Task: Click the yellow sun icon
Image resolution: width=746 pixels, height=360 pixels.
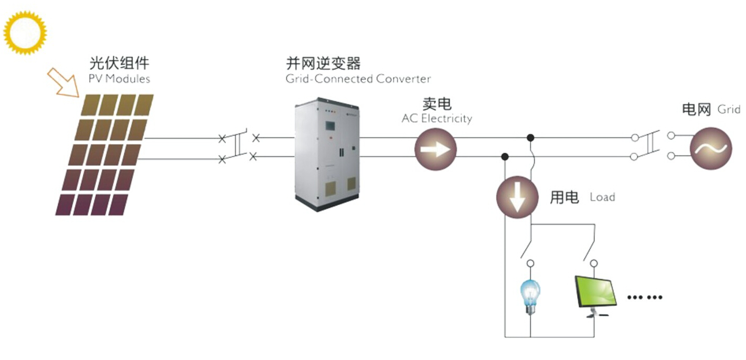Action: click(x=25, y=33)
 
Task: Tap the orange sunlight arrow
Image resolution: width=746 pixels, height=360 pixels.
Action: click(x=63, y=83)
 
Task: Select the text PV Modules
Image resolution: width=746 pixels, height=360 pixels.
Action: click(x=119, y=79)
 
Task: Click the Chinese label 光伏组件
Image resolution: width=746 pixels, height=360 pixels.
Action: click(x=119, y=63)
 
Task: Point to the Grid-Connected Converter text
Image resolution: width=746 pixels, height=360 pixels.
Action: click(x=358, y=79)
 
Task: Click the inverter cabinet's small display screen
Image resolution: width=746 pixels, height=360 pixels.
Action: click(x=330, y=126)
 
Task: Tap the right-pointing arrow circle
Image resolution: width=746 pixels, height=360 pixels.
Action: click(x=435, y=149)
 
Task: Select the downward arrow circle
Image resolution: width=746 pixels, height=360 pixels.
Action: click(x=517, y=197)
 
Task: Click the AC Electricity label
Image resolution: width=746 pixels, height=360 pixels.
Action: click(x=437, y=119)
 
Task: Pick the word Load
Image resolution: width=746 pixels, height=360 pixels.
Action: click(x=602, y=197)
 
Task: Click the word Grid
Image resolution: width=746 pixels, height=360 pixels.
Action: click(x=729, y=109)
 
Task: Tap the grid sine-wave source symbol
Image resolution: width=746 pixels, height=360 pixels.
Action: click(x=711, y=149)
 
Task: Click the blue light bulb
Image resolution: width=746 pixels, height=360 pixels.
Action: click(x=530, y=297)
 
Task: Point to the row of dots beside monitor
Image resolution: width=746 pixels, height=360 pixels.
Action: click(x=645, y=297)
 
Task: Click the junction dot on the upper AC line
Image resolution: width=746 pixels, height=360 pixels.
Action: click(x=530, y=137)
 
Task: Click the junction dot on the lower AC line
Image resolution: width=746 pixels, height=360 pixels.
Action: click(x=505, y=156)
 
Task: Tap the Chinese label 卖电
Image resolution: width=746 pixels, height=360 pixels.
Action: click(x=437, y=104)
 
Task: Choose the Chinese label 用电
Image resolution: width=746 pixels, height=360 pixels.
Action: click(x=564, y=197)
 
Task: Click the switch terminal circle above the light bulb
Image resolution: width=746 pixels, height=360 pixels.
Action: click(x=530, y=263)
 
